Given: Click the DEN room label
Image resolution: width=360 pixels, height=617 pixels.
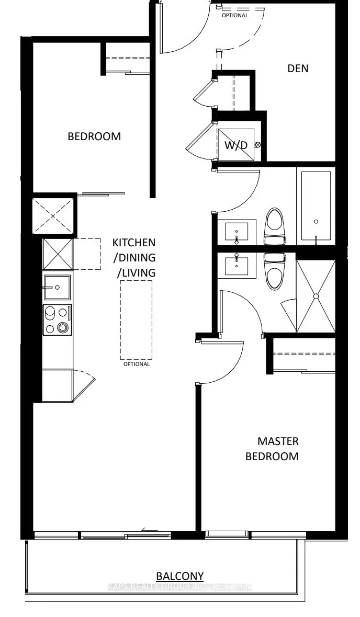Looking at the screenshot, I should [x=298, y=68].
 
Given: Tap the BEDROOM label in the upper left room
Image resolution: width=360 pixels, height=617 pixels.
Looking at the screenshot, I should [x=94, y=136].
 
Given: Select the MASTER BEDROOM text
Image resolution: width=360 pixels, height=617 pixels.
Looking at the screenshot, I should [x=272, y=449].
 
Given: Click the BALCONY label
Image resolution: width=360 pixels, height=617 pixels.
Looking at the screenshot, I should [x=180, y=576].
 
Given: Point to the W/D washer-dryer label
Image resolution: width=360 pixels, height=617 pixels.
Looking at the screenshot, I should [x=236, y=145].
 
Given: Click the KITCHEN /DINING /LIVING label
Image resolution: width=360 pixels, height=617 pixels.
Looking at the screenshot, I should [x=134, y=257].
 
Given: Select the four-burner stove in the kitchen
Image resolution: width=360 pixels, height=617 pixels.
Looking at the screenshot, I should [x=57, y=319].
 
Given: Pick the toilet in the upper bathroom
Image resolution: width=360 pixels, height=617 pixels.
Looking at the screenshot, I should [x=275, y=226].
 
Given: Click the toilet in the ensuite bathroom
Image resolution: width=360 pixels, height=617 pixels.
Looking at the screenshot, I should [x=274, y=271].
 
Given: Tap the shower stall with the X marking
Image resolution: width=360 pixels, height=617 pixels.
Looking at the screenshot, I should [x=316, y=296].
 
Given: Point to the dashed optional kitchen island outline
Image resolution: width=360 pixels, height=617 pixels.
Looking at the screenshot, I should [x=136, y=319].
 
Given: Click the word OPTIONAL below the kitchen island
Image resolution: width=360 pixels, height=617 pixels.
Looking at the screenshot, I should [x=136, y=364].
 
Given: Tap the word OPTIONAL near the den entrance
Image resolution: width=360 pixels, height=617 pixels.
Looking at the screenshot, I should [x=235, y=15].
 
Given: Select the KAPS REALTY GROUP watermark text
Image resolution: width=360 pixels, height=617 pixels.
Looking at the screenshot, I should [x=180, y=587].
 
